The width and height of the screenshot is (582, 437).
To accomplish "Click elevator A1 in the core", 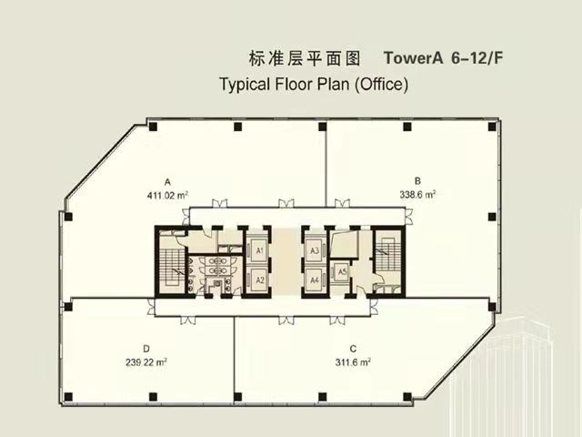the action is [259, 251].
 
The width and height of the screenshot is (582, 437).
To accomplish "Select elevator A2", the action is [259, 279].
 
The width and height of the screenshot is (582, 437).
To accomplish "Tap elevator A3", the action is [315, 251].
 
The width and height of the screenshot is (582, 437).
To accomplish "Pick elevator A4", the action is [315, 279].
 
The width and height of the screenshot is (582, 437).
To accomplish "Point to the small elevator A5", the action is [342, 272].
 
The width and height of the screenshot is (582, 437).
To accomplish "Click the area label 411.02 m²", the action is [167, 195].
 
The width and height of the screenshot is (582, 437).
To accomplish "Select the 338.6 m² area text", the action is [417, 194].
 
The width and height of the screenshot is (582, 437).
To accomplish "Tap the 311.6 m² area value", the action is [353, 361].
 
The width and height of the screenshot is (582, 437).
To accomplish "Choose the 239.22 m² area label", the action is [145, 361].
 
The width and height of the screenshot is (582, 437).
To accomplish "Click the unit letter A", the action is [167, 182].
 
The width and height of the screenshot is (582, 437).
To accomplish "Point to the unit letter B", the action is [417, 181].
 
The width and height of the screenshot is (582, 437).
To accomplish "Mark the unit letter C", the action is [353, 349].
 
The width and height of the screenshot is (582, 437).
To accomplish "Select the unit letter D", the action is [146, 349].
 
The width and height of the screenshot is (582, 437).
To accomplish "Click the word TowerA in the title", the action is [414, 58].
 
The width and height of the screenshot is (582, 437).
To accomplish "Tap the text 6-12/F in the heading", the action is [477, 58].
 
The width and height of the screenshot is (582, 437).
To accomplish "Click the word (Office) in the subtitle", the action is [382, 85].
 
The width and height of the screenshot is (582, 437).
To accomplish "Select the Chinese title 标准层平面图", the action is [305, 58].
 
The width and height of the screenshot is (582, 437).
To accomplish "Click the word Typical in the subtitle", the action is [245, 85].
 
